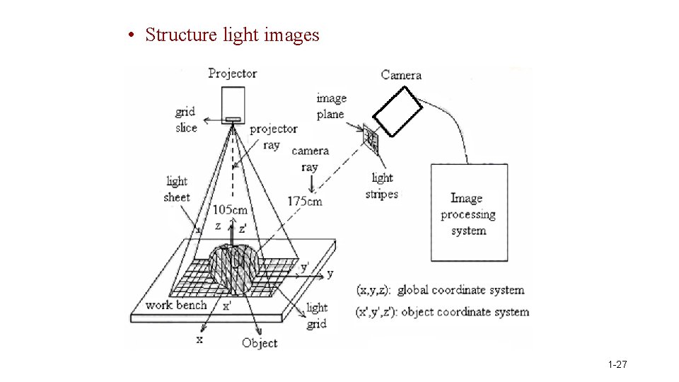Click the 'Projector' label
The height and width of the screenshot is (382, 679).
point(232,74)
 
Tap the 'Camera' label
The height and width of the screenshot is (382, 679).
point(401,75)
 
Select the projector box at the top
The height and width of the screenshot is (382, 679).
point(233,103)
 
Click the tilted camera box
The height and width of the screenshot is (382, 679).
point(397,110)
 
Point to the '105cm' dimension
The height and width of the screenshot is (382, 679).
point(231,209)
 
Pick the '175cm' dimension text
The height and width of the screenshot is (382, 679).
point(304,202)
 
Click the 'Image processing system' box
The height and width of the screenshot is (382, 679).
point(469,213)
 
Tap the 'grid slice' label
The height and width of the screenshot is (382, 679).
point(185,120)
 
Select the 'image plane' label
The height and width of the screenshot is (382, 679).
point(330,106)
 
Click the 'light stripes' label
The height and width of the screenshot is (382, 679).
point(382,186)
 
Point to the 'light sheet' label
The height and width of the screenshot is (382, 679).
point(177,189)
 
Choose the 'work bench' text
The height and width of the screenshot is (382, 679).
point(176,305)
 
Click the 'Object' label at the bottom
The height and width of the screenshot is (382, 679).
point(260,343)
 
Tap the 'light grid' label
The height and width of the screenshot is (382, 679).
point(317,316)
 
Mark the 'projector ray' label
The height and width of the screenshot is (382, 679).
point(273,137)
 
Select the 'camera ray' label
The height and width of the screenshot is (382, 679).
point(310,158)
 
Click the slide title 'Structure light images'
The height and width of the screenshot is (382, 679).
point(232,35)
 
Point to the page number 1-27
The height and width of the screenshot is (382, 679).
point(617,365)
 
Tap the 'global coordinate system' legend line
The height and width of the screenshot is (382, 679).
point(441,289)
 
